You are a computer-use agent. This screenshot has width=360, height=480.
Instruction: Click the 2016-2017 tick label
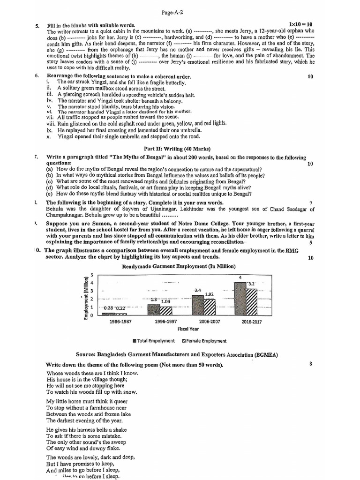253,322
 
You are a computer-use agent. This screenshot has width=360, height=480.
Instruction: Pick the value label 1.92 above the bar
210,294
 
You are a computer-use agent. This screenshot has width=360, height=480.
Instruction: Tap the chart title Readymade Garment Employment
179,266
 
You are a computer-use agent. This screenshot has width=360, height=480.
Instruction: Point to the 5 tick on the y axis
92,275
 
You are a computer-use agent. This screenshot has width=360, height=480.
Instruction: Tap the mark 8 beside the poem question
311,364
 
